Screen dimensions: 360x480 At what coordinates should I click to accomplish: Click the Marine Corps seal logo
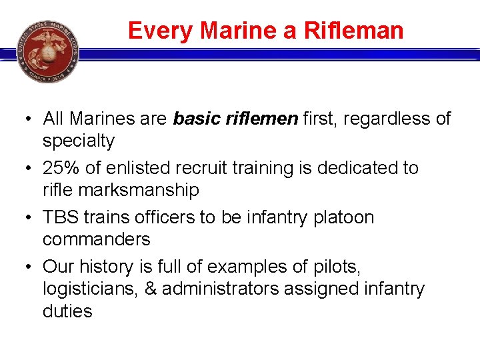coord(47,51)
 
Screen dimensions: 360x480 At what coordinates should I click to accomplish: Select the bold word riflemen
coord(265,119)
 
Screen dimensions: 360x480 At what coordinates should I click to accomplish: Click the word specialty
coord(79,141)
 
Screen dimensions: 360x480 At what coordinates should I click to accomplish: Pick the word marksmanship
coord(139,190)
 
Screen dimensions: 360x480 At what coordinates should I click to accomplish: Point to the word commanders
coord(96,239)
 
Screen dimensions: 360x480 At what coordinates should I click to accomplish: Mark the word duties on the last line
coord(67,311)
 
